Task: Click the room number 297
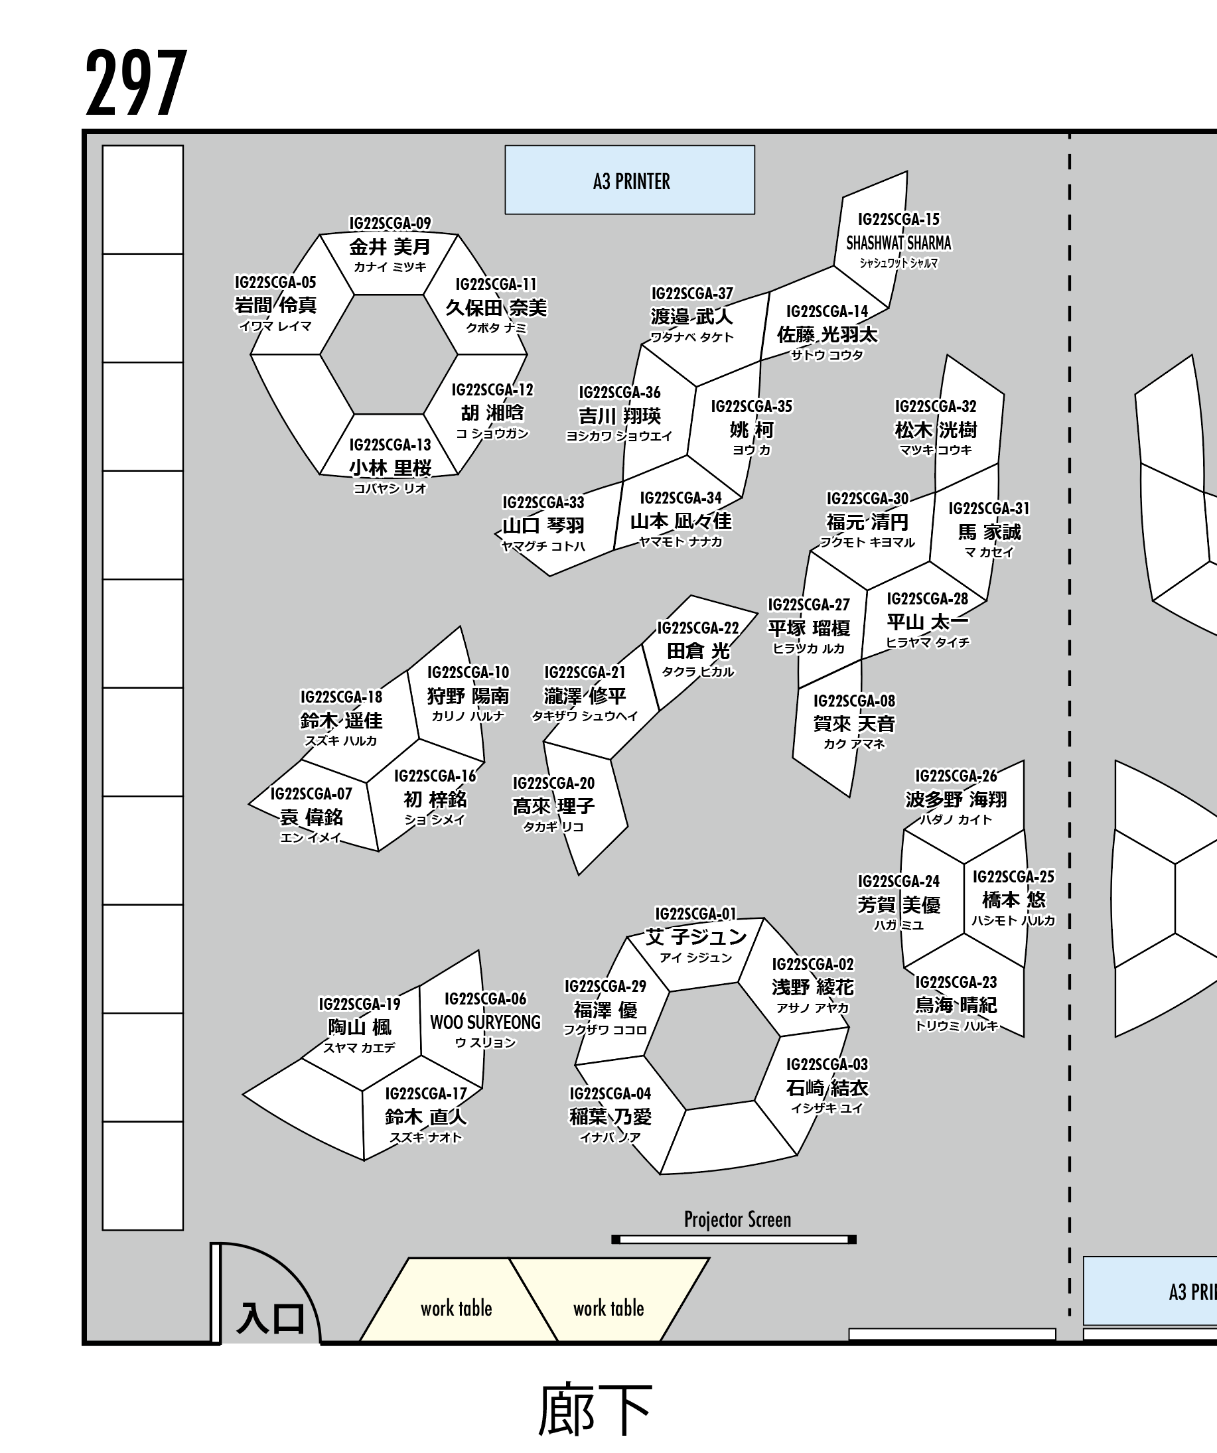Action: tap(136, 83)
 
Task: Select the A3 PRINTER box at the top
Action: tap(630, 180)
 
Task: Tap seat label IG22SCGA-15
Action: tap(898, 220)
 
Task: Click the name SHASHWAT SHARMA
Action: tap(898, 243)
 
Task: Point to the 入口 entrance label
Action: tap(271, 1319)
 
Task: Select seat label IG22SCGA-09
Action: tap(390, 224)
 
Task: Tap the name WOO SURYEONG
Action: tap(485, 1022)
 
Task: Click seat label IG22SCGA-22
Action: tap(697, 628)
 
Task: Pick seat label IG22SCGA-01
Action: tap(695, 914)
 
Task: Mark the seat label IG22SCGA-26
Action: tap(956, 776)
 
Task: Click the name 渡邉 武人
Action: tap(691, 316)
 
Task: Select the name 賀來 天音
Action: tap(854, 724)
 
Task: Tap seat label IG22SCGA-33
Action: tap(542, 502)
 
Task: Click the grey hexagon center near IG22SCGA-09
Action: tap(389, 354)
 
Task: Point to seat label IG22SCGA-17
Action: tap(425, 1094)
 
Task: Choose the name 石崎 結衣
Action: tap(826, 1087)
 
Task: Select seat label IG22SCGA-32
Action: tap(936, 406)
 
